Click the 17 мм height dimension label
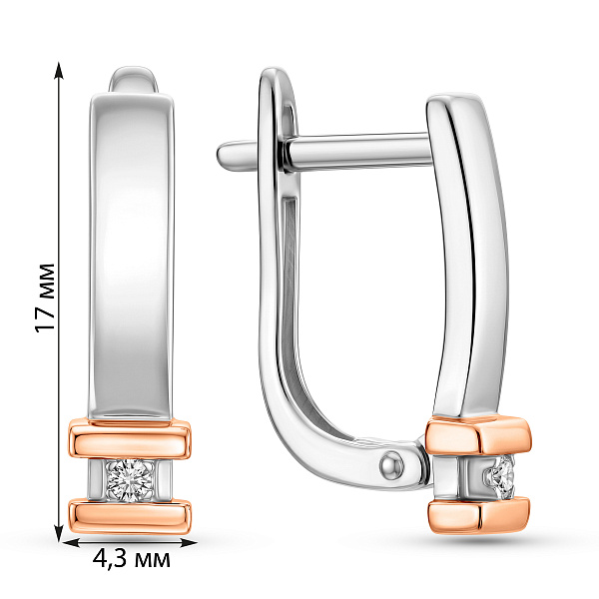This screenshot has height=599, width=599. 45,298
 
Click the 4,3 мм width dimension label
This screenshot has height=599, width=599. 131,560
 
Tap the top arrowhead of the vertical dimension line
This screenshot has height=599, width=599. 59,70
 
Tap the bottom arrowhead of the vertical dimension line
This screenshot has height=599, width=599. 59,533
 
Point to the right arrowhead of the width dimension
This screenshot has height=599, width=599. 188,543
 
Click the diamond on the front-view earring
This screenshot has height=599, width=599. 130,482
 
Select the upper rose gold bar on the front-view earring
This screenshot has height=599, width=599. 130,438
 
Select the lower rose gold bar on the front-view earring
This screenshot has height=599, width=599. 130,516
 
